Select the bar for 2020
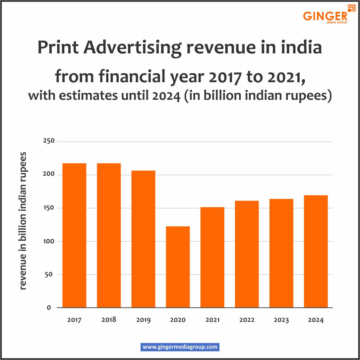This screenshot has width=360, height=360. point(178,267)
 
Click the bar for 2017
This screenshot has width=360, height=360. point(74,235)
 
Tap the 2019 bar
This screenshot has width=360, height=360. point(143,239)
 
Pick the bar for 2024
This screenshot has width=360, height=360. point(316,251)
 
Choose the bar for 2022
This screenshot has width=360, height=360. point(247,254)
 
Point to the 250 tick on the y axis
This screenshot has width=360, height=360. point(49,142)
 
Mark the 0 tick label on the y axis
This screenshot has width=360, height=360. point(49,308)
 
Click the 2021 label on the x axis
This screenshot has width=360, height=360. point(212,320)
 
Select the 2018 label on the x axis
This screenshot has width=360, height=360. point(109,320)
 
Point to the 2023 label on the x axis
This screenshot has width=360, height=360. point(281,320)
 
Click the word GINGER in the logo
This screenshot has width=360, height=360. point(325,16)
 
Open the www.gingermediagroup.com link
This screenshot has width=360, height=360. point(180,347)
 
